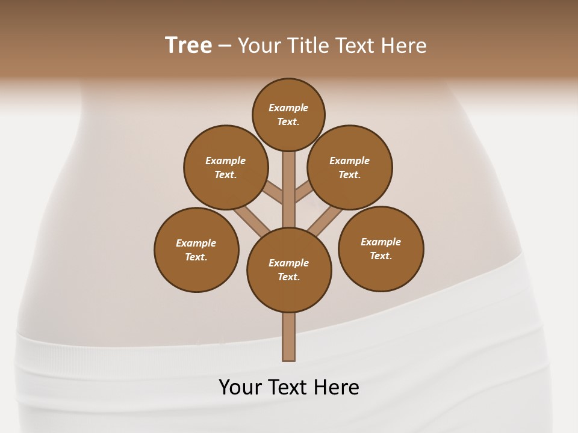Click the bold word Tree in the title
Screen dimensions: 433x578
pyautogui.click(x=188, y=46)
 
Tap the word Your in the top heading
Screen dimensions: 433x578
pyautogui.click(x=259, y=46)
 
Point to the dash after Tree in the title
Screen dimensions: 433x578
pyautogui.click(x=225, y=46)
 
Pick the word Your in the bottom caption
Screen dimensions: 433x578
pyautogui.click(x=241, y=387)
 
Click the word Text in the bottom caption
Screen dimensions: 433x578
pyautogui.click(x=289, y=387)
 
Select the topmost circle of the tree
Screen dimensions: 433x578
pyautogui.click(x=288, y=114)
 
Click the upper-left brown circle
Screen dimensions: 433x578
pyautogui.click(x=226, y=167)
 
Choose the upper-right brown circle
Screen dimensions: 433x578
pyautogui.click(x=350, y=167)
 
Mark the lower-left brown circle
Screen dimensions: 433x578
pyautogui.click(x=196, y=250)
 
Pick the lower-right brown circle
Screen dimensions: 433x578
pyautogui.click(x=381, y=248)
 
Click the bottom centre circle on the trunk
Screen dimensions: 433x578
pyautogui.click(x=289, y=269)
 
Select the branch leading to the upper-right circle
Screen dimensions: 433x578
pyautogui.click(x=303, y=193)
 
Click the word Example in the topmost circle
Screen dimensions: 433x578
pyautogui.click(x=288, y=108)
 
